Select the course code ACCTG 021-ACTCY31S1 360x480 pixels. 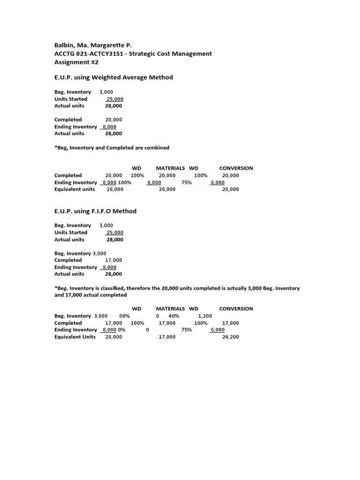click(x=89, y=54)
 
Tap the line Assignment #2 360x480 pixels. click(x=76, y=62)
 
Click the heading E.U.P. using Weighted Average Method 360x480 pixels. click(x=113, y=77)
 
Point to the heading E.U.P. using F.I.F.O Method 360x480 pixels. click(x=95, y=211)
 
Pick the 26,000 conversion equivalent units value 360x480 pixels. click(x=230, y=189)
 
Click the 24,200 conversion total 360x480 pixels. click(x=230, y=337)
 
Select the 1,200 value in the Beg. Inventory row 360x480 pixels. click(x=205, y=316)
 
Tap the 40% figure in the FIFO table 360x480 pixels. click(x=173, y=316)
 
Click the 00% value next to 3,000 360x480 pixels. click(x=124, y=316)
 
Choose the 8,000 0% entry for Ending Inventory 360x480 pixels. click(x=114, y=330)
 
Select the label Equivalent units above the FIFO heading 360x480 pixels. click(x=75, y=189)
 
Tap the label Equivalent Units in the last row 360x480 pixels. click(x=75, y=337)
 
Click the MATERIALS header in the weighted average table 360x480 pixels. click(x=170, y=168)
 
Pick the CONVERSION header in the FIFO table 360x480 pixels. click(x=236, y=309)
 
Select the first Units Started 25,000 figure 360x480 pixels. click(x=114, y=99)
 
